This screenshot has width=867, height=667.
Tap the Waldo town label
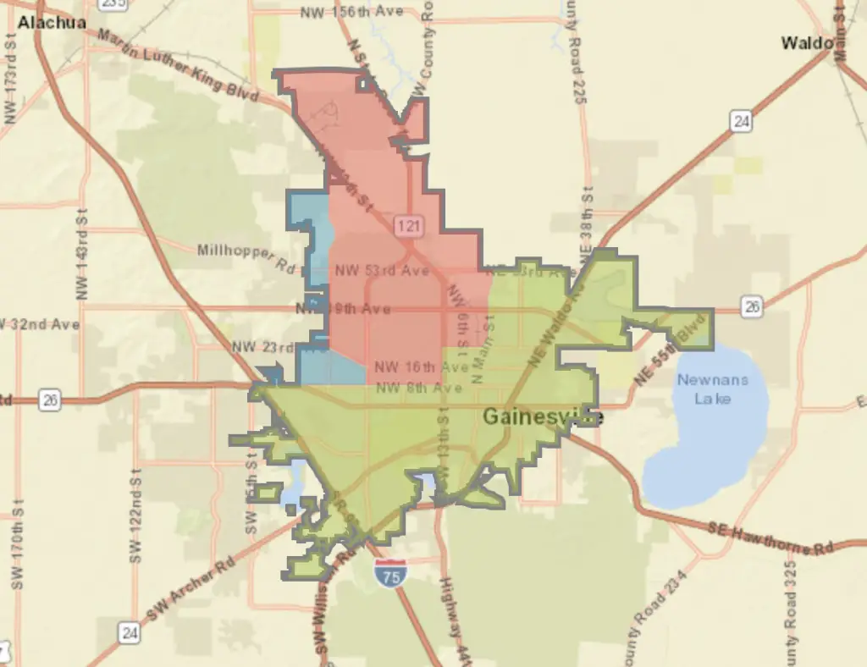coord(807,42)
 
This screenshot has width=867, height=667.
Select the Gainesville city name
coord(543,417)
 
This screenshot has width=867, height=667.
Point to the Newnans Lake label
coord(712,389)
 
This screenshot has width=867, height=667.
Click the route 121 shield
coord(408,225)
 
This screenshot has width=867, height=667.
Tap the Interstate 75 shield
coord(390,573)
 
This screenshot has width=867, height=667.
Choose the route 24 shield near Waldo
coord(742,122)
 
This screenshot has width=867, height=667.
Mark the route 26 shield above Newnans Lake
coord(751,306)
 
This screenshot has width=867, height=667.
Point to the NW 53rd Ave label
coord(382,271)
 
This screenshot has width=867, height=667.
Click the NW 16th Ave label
coord(421,367)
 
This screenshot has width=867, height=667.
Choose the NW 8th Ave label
coord(419,389)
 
